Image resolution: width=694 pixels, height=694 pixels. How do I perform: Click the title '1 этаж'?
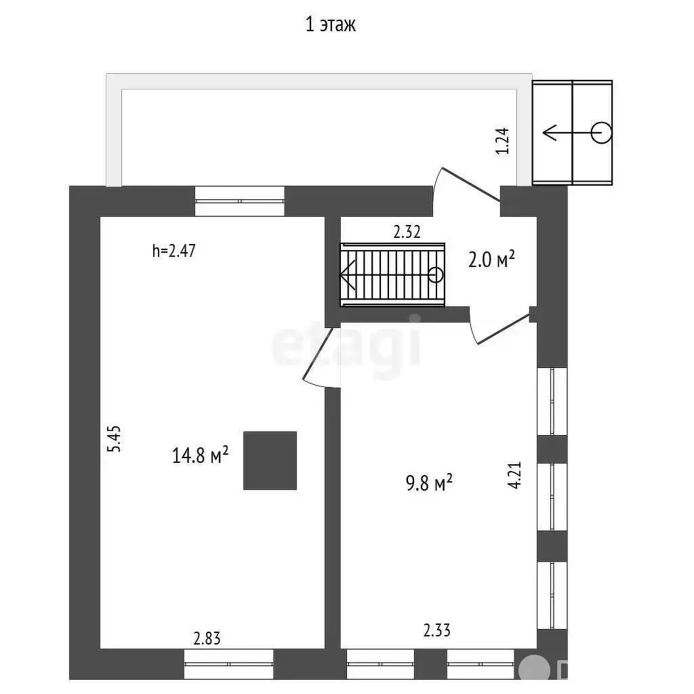pyautogui.click(x=331, y=25)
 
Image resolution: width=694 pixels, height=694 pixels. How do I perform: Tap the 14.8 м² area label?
pyautogui.click(x=200, y=455)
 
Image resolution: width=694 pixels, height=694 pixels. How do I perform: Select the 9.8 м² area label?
pyautogui.click(x=429, y=484)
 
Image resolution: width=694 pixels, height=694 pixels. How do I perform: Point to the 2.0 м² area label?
pyautogui.click(x=492, y=259)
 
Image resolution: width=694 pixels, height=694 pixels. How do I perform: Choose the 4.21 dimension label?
pyautogui.click(x=514, y=474)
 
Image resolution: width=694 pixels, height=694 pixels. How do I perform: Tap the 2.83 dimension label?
pyautogui.click(x=207, y=638)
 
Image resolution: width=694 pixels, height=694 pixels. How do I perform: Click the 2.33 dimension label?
pyautogui.click(x=436, y=631)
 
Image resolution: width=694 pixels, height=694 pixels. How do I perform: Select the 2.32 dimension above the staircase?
pyautogui.click(x=407, y=232)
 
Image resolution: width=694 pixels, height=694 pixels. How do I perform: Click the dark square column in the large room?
pyautogui.click(x=270, y=460)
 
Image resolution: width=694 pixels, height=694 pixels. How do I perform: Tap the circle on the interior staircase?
pyautogui.click(x=436, y=274)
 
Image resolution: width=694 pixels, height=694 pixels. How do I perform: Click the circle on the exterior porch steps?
pyautogui.click(x=601, y=132)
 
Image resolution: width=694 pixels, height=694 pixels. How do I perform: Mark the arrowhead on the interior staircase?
pyautogui.click(x=347, y=275)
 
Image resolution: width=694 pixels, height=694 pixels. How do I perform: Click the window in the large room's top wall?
pyautogui.click(x=239, y=201)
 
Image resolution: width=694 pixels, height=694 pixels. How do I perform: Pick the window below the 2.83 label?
pyautogui.click(x=228, y=664)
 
